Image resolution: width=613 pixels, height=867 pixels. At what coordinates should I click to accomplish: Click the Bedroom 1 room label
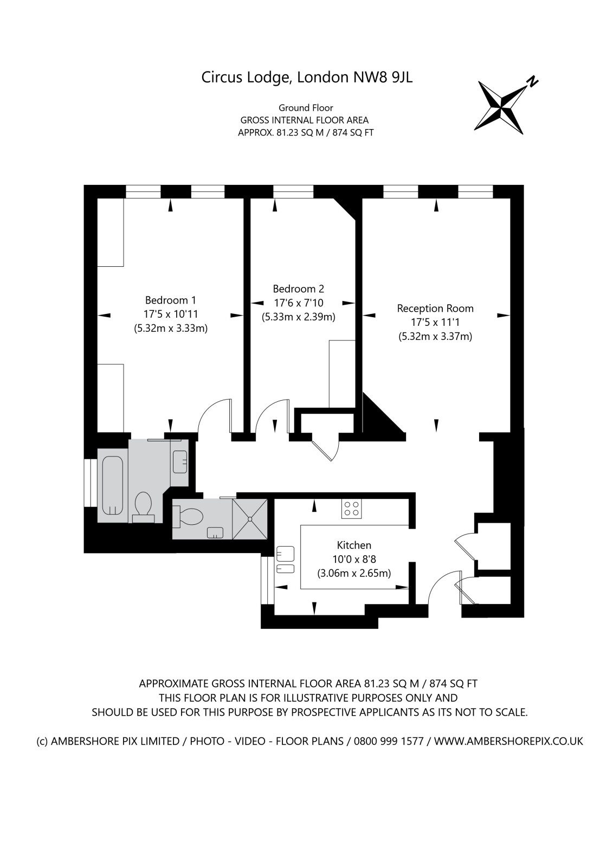[x=170, y=300]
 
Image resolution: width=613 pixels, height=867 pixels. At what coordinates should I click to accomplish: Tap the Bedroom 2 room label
[x=299, y=289]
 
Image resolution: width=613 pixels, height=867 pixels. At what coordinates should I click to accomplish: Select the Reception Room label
[x=435, y=309]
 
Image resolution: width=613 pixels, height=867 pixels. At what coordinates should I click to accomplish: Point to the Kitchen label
[x=354, y=545]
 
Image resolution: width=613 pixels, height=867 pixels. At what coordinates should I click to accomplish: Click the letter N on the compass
[x=533, y=81]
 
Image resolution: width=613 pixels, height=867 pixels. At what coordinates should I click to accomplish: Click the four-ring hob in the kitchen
[x=351, y=509]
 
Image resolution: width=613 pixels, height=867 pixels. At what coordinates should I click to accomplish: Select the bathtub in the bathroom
[x=113, y=486]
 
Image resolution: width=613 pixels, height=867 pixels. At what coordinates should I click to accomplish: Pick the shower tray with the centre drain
[x=250, y=519]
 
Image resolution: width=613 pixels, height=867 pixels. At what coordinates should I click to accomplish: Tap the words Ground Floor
[x=306, y=107]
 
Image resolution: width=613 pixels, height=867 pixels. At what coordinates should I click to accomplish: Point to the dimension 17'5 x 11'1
[x=435, y=323]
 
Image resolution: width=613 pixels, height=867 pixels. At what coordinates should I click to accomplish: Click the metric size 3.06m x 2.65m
[x=354, y=573]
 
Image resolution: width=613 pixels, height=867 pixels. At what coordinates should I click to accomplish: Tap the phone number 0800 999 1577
[x=389, y=741]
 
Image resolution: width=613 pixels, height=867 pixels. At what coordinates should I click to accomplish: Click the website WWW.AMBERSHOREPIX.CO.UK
[x=508, y=741]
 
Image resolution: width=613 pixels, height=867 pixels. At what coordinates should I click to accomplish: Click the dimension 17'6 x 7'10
[x=299, y=303]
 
